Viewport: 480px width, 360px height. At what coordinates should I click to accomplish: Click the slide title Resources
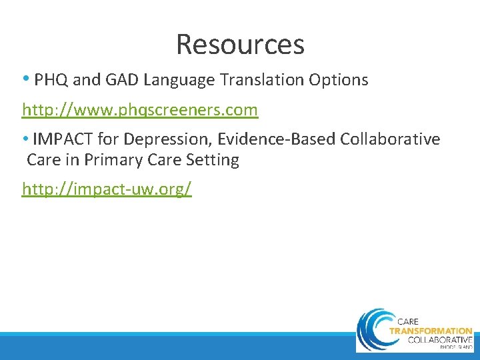click(x=240, y=44)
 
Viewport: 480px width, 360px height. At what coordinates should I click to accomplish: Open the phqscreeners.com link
click(x=140, y=109)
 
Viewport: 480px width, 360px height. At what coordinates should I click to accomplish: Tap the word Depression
click(x=162, y=139)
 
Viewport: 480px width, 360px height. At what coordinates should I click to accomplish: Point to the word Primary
click(x=110, y=160)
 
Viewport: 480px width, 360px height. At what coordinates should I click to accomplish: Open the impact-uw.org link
click(x=107, y=189)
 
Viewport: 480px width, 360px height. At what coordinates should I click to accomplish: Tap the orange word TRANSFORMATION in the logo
click(x=430, y=331)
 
